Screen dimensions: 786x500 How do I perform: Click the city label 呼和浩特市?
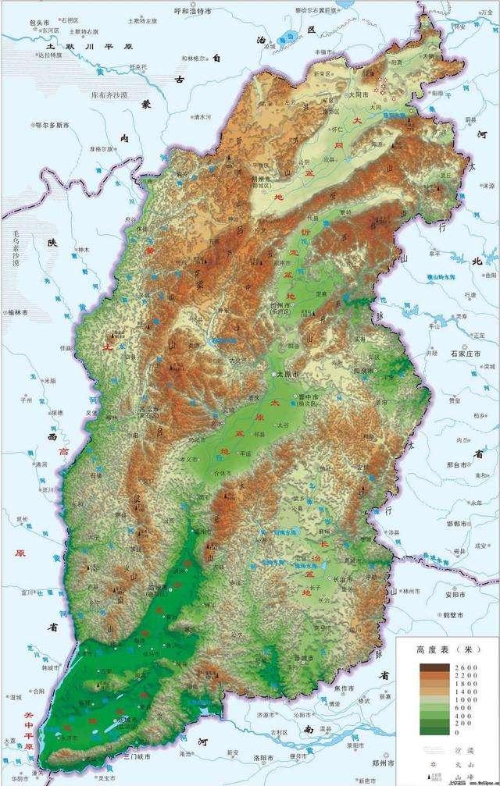tap(192, 12)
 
